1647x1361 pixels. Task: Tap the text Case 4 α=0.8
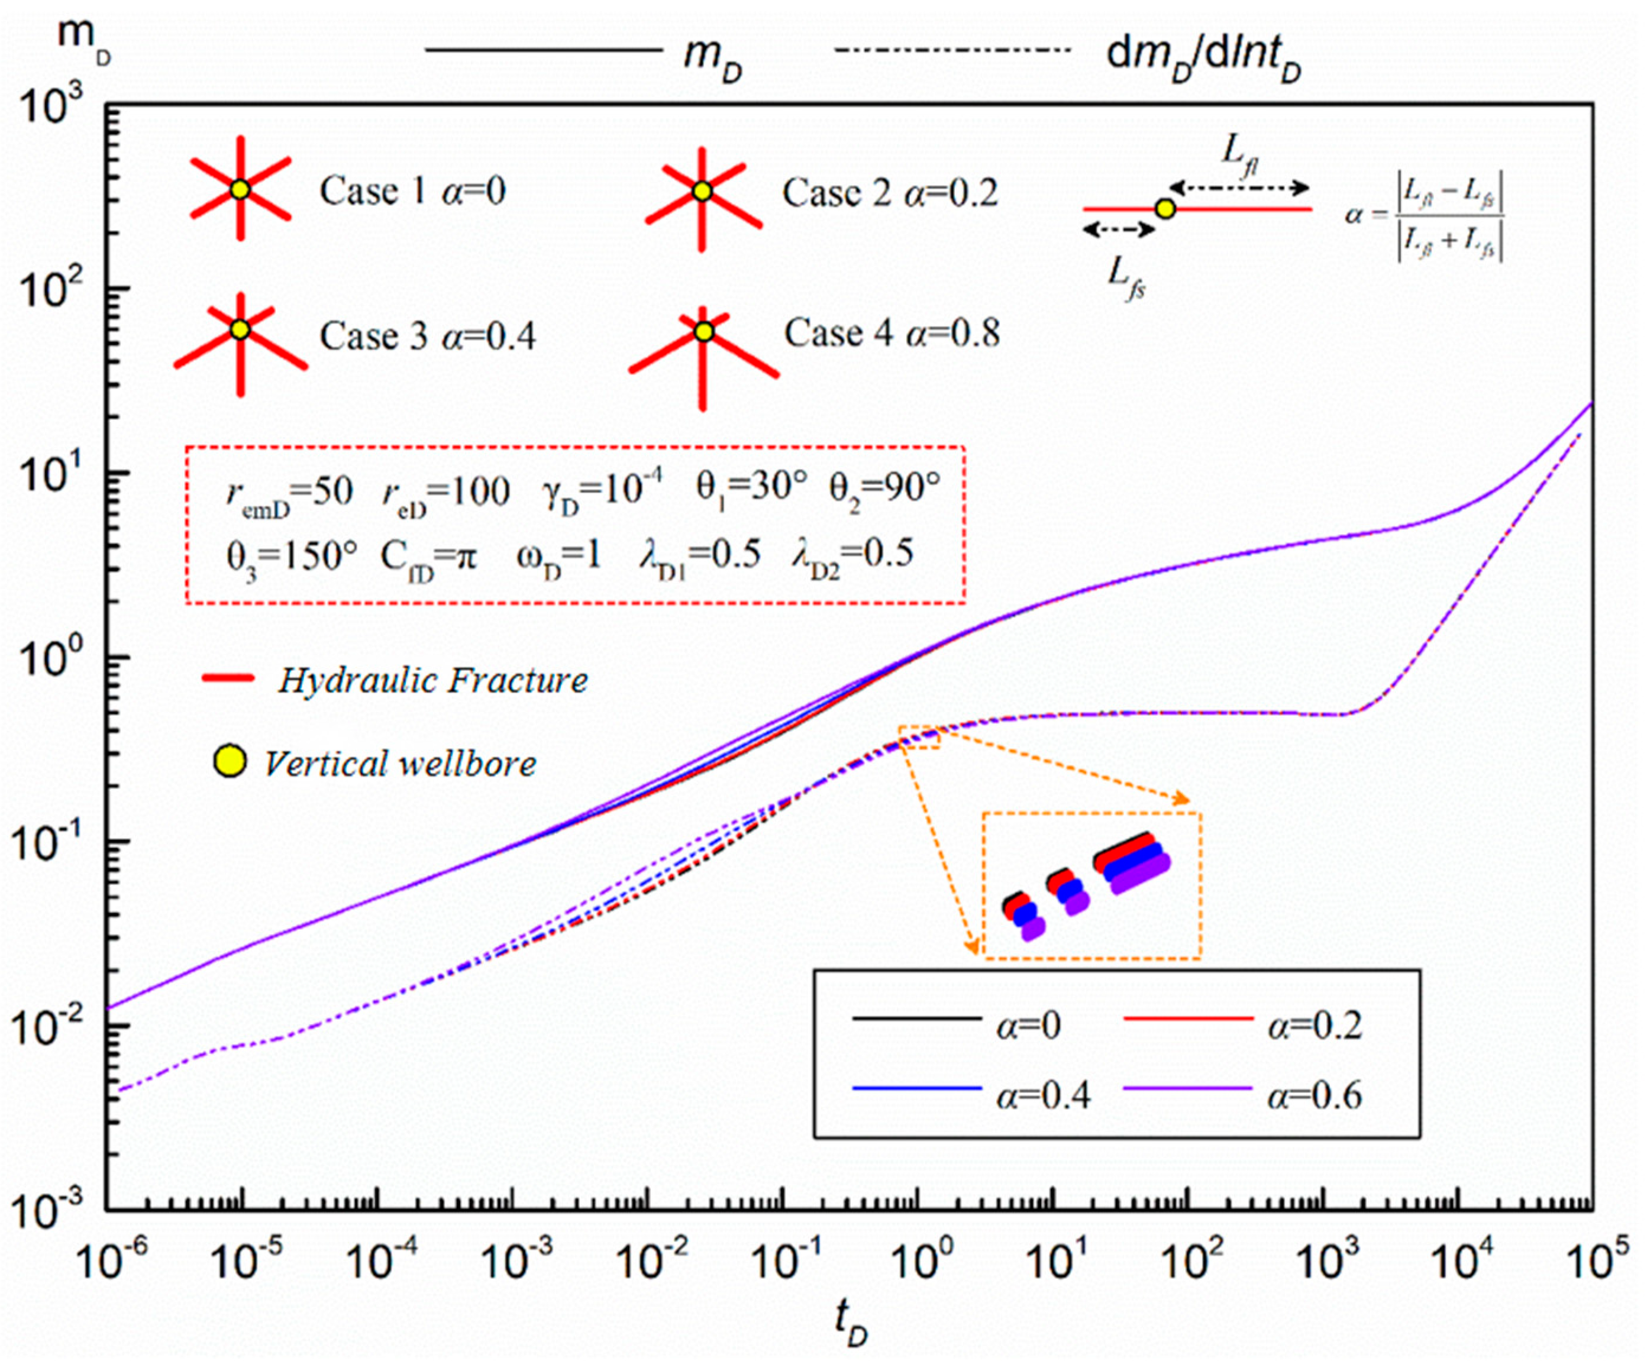pos(892,334)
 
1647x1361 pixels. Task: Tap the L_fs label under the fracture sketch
pos(1126,276)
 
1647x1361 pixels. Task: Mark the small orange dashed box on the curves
pos(919,737)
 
